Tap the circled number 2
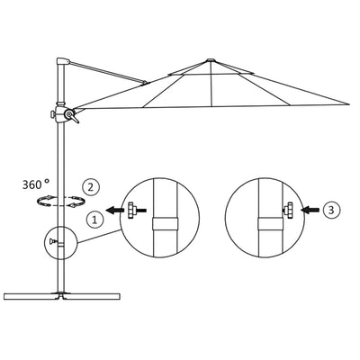(x=89, y=187)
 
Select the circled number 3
(x=331, y=211)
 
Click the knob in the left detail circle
(x=136, y=211)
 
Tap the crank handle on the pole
(x=68, y=114)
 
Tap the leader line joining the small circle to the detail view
(x=98, y=237)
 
